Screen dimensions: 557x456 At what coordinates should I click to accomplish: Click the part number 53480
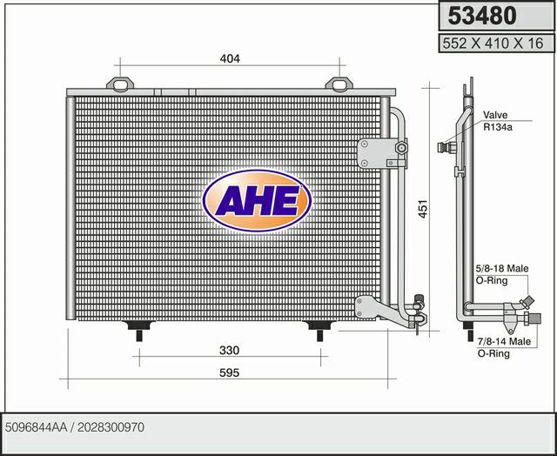coord(481,16)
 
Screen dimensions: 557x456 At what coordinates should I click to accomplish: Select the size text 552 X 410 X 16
coord(493,44)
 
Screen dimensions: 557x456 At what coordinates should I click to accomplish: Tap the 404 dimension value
coord(230,58)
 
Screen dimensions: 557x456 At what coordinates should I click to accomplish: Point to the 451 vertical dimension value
coord(423,209)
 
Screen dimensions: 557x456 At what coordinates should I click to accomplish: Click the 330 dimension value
coord(229,350)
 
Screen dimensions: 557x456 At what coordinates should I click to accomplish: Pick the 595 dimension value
coord(229,373)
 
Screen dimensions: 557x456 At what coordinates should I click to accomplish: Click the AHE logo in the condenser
coord(257,201)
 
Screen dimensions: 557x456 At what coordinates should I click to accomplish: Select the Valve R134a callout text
coord(497,121)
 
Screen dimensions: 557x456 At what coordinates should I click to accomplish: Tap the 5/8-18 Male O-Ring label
coord(502,274)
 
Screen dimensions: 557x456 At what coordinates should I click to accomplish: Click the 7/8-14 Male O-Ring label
coord(504,347)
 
